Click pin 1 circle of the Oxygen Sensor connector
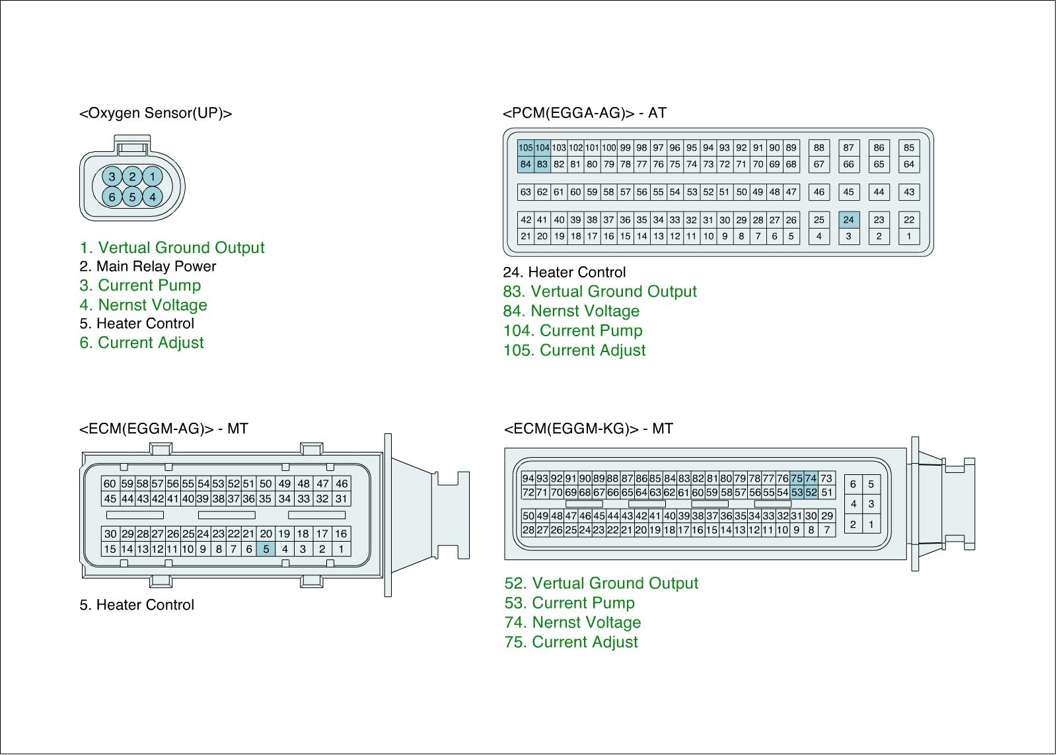pos(153,176)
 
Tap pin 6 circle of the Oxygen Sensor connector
pos(112,197)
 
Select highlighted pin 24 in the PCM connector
pos(849,220)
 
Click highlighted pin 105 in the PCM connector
pos(525,148)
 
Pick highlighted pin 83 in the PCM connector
pos(542,164)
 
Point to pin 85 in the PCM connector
pos(909,148)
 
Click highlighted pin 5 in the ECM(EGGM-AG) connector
pos(266,548)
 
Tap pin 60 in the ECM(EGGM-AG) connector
pos(110,484)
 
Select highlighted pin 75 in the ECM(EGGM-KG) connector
pos(797,478)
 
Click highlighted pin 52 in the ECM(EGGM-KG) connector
pos(811,492)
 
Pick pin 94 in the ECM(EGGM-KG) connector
pos(528,478)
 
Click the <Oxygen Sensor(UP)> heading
pos(156,113)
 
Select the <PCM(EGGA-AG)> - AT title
pos(585,113)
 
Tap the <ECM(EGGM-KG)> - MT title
pos(589,429)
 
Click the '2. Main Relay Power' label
pos(148,266)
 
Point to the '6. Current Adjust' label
pos(142,343)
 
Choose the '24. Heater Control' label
pos(564,272)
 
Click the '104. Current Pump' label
pos(573,330)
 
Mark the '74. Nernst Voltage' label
pos(573,622)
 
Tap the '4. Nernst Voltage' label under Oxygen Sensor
pos(143,305)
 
